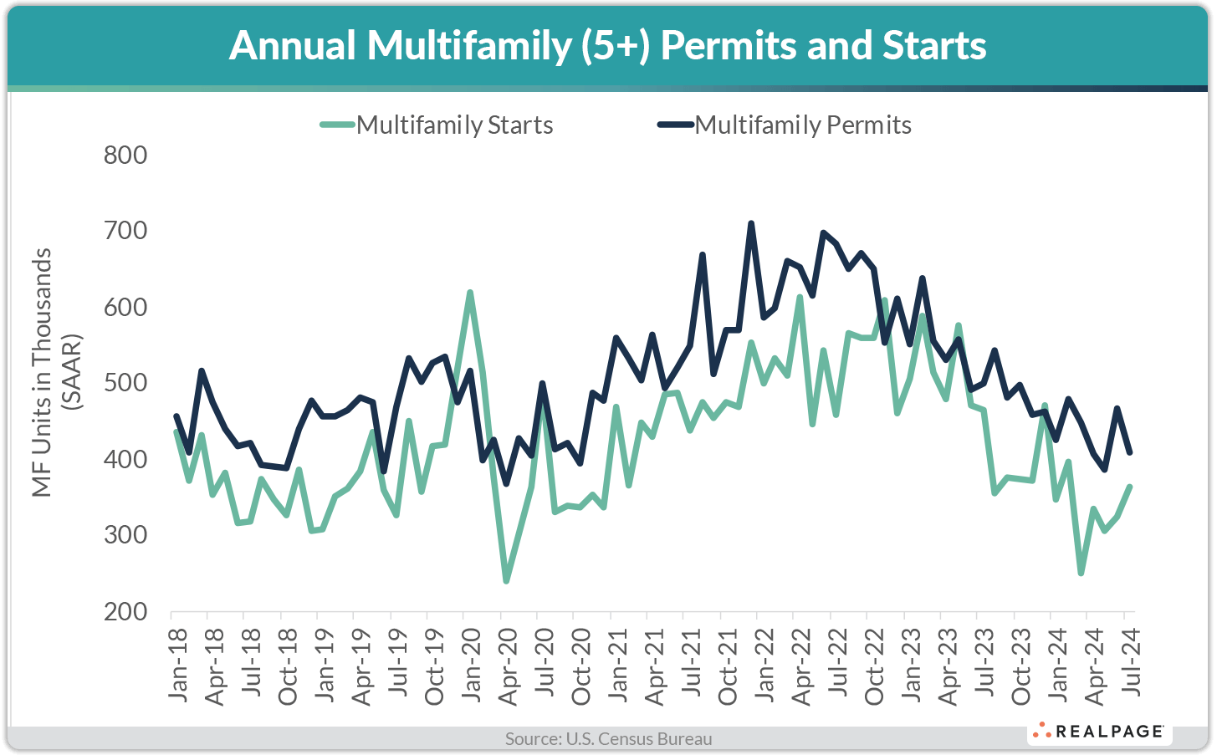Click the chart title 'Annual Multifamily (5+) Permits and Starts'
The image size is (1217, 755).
click(608, 45)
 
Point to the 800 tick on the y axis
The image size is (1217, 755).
click(125, 156)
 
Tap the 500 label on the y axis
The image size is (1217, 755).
click(125, 384)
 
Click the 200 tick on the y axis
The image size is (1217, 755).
click(125, 612)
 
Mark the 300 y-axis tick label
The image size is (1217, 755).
click(125, 536)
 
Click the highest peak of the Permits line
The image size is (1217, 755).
click(751, 223)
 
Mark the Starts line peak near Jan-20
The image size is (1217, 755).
click(470, 293)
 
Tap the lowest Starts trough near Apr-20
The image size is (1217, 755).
click(506, 580)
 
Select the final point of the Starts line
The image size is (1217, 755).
click(1130, 487)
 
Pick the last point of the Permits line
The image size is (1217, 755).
click(1130, 452)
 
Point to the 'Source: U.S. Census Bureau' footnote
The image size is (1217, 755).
click(608, 739)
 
